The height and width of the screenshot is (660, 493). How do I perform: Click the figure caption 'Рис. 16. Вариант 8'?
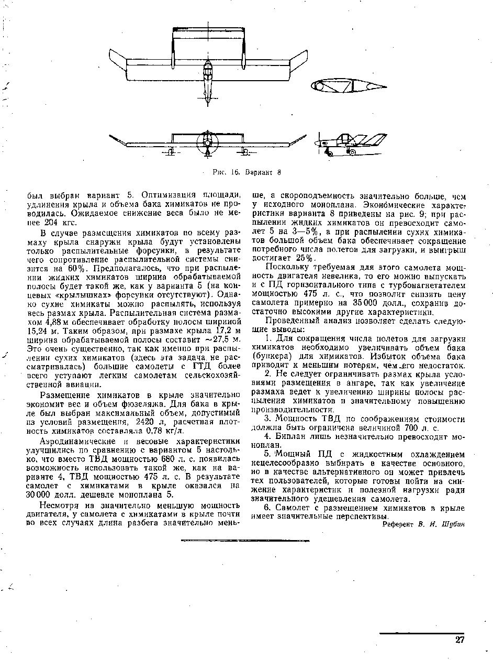click(x=247, y=171)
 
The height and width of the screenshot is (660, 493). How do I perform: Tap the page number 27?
click(x=460, y=640)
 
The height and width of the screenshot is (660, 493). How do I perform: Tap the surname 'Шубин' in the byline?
click(x=454, y=524)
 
